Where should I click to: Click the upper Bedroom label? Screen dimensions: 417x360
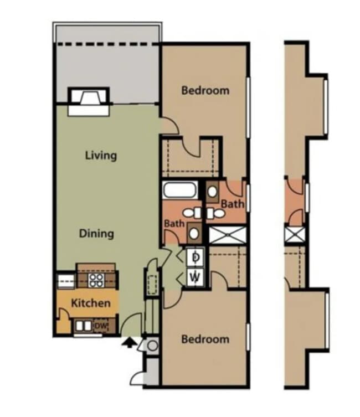coord(205,90)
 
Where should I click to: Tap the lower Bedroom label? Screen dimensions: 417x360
coord(205,339)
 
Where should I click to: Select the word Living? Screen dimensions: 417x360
coord(101,155)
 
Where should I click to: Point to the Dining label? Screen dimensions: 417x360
coord(96,233)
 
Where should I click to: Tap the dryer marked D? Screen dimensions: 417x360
coord(195,258)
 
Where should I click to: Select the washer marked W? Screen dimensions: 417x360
coord(195,276)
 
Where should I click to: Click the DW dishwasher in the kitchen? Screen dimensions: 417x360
coord(100,327)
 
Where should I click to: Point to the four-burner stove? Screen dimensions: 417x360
coord(96,280)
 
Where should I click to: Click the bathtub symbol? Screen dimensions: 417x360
coord(181,190)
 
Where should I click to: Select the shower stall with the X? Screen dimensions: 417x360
coord(227,234)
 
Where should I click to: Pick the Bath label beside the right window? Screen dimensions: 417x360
coord(232,204)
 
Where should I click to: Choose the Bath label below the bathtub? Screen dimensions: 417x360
coord(174,224)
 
